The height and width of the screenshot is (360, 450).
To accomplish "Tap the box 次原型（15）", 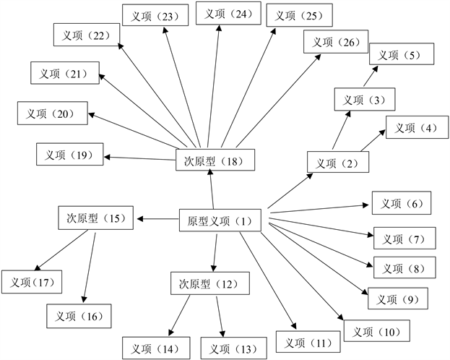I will [96, 218].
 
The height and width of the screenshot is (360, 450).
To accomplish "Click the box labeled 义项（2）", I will [337, 163].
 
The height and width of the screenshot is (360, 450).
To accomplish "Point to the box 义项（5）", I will [402, 54].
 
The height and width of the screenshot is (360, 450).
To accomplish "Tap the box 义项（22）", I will [86, 35].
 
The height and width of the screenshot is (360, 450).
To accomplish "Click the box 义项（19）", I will [69, 154].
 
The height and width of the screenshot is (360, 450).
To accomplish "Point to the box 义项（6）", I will [402, 203].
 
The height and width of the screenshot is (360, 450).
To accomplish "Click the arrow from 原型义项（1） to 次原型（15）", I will [157, 218].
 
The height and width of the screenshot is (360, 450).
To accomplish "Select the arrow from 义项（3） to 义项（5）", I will [366, 78].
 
